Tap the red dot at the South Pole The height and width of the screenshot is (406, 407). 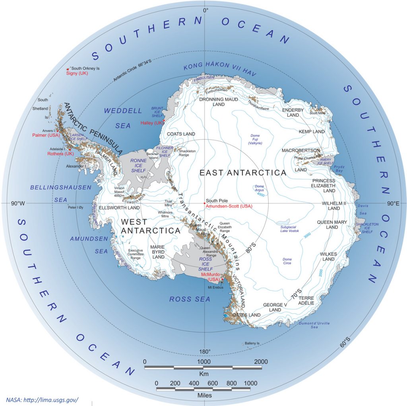click(204, 203)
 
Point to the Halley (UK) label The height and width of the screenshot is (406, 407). click(151, 123)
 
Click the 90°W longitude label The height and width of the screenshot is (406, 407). click(17, 203)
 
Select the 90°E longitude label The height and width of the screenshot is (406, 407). click(393, 203)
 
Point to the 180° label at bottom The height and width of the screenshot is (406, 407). click(204, 351)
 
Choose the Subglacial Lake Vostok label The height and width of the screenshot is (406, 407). click(292, 228)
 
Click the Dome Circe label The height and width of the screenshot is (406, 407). click(287, 261)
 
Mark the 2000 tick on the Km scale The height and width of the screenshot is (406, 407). click(261, 361)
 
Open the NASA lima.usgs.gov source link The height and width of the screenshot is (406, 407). click(42, 400)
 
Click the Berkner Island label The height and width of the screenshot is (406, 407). click(153, 156)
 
